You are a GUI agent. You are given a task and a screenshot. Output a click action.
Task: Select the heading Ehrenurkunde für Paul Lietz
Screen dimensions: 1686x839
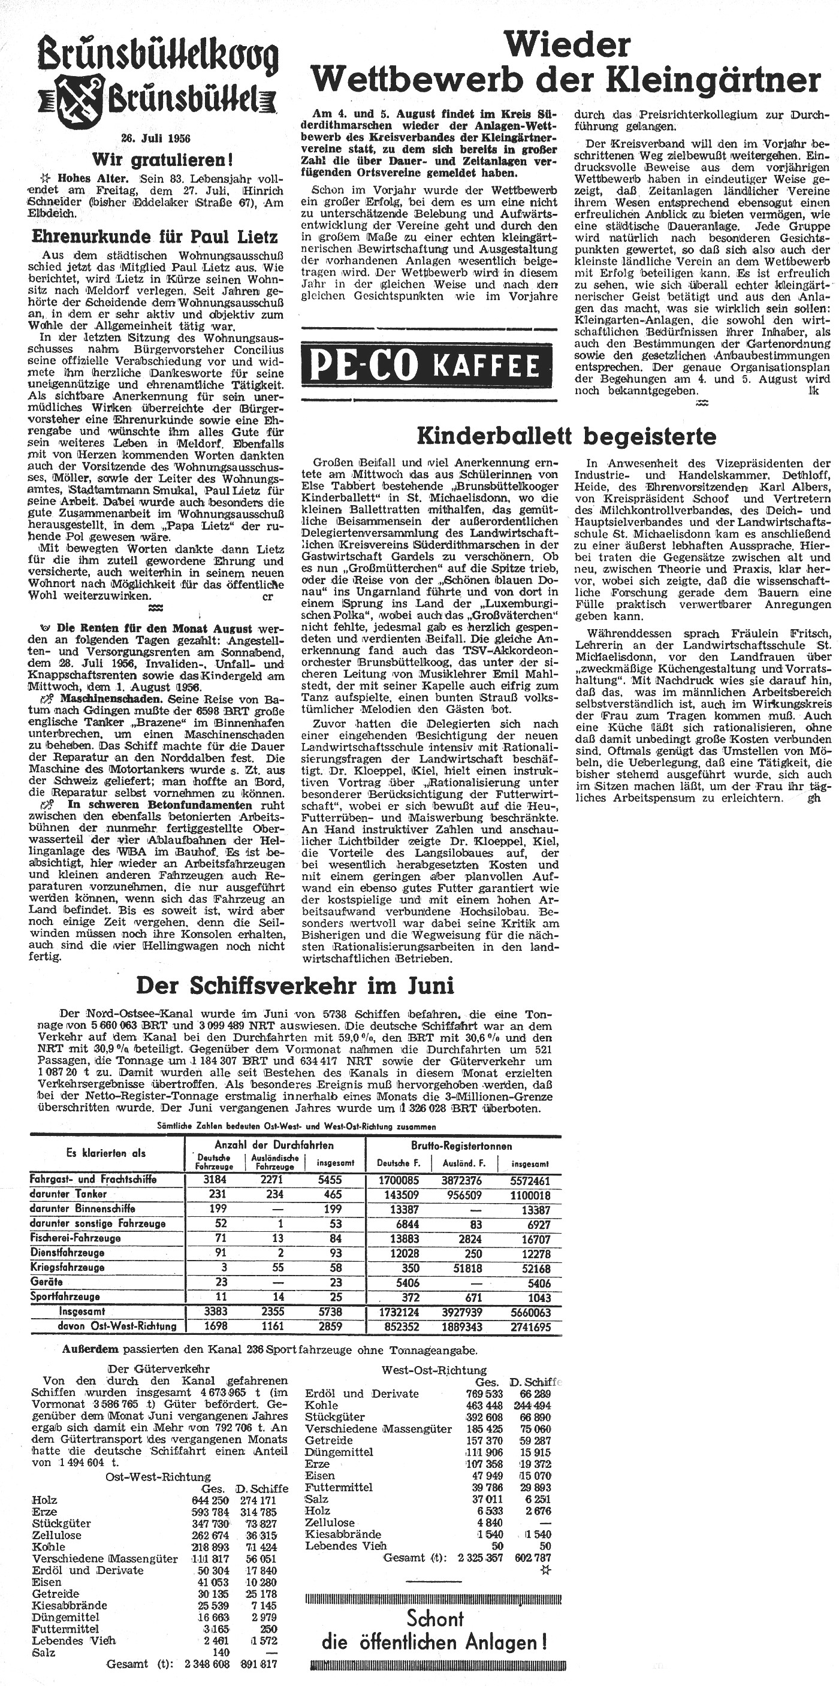pyautogui.click(x=155, y=237)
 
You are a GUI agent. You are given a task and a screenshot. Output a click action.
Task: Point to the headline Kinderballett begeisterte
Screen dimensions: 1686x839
pyautogui.click(x=567, y=435)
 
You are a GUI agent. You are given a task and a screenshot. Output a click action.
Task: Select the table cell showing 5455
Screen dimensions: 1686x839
pyautogui.click(x=331, y=1180)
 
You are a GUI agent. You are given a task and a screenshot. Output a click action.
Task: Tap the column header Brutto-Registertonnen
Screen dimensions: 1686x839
pyautogui.click(x=462, y=1146)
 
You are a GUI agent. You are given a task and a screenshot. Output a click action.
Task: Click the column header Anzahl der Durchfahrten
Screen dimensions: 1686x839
pyautogui.click(x=274, y=1146)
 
